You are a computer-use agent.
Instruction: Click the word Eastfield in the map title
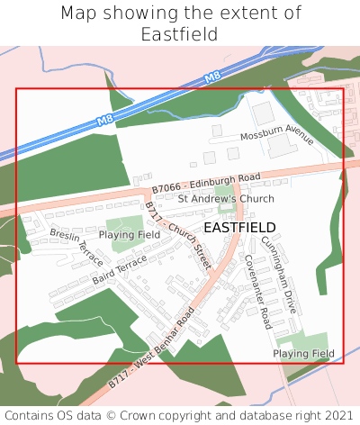tap(180, 34)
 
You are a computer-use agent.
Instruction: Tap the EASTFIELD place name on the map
tap(239, 228)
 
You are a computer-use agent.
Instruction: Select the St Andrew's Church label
tap(225, 199)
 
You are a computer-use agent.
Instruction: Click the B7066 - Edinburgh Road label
tap(205, 182)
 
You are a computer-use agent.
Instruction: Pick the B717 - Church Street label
tap(177, 236)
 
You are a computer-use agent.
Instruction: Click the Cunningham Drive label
tap(278, 274)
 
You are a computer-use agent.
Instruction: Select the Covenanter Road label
tap(257, 291)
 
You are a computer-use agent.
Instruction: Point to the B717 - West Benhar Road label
tap(151, 352)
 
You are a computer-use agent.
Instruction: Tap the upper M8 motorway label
tap(212, 80)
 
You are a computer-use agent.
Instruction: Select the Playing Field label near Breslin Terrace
tap(129, 234)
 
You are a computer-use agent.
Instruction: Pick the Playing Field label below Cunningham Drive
tap(303, 354)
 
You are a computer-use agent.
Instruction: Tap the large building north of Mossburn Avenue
tap(263, 114)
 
